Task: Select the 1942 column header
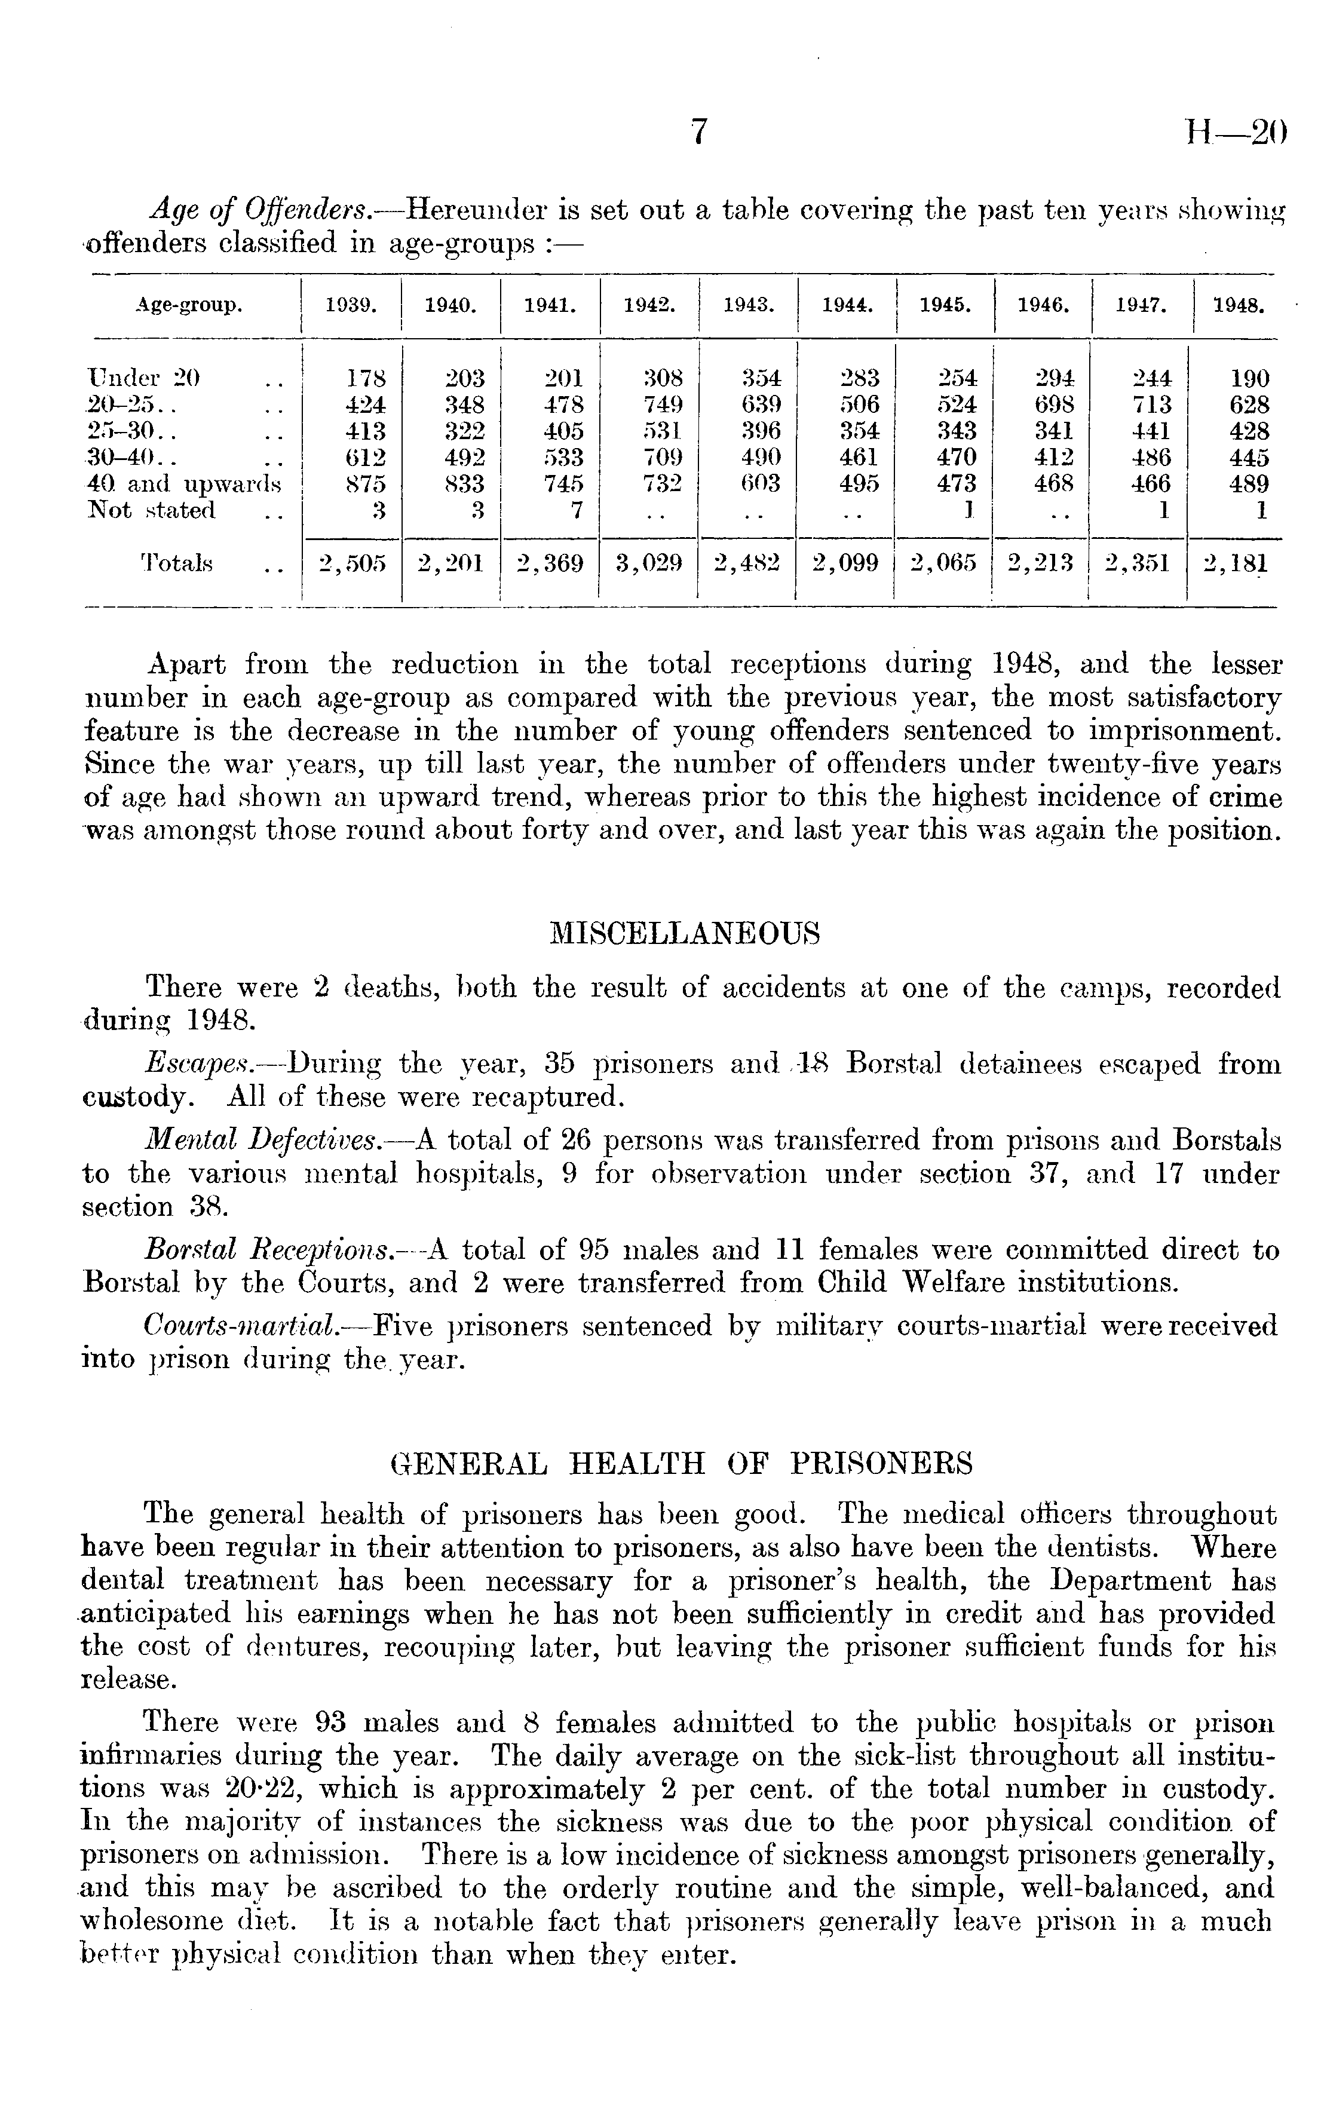point(648,306)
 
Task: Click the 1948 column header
point(1239,306)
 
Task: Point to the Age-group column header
point(189,306)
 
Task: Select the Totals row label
point(176,563)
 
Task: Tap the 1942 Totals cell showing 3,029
point(648,563)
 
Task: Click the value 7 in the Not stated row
point(576,510)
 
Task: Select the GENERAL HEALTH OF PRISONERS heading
point(682,1463)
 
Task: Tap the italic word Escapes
point(198,1064)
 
